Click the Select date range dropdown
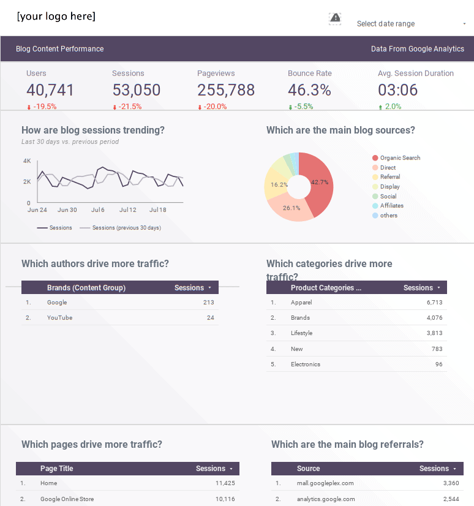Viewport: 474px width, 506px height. point(410,24)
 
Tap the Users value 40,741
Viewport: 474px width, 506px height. point(50,90)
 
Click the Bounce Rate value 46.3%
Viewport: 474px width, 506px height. point(309,90)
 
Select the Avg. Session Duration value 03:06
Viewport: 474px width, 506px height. point(397,90)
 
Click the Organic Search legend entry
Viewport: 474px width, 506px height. point(400,158)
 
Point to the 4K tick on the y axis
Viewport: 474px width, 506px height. point(27,161)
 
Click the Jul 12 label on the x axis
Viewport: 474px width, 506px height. point(128,210)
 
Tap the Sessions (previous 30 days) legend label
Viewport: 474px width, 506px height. point(126,228)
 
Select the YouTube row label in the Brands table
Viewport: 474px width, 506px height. point(59,318)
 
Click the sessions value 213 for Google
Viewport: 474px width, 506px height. point(208,303)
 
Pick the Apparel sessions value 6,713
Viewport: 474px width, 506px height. point(434,303)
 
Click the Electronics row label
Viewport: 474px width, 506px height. point(306,364)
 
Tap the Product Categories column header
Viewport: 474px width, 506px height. point(326,288)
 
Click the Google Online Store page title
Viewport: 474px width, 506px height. point(67,499)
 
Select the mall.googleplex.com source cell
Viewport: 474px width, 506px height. point(325,483)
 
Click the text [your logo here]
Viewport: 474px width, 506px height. point(56,17)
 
